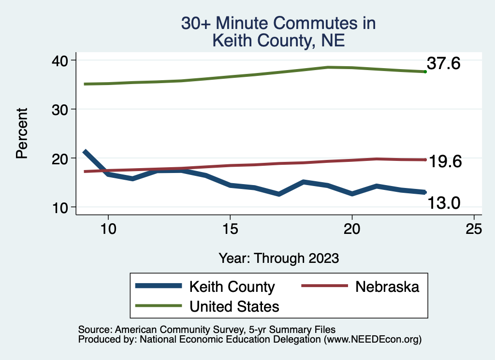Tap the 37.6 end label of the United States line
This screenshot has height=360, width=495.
[444, 63]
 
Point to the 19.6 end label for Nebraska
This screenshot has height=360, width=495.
[446, 162]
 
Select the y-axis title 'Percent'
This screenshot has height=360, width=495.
[22, 133]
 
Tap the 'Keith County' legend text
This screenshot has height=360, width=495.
[232, 287]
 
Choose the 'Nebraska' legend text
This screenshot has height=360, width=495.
[387, 287]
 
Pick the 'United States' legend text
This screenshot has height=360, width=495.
[234, 306]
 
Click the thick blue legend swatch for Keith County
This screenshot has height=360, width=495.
[159, 286]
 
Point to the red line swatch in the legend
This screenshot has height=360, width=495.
[324, 286]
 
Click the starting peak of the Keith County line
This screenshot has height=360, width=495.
[85, 152]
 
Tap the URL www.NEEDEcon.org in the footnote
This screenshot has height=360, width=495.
[373, 340]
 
